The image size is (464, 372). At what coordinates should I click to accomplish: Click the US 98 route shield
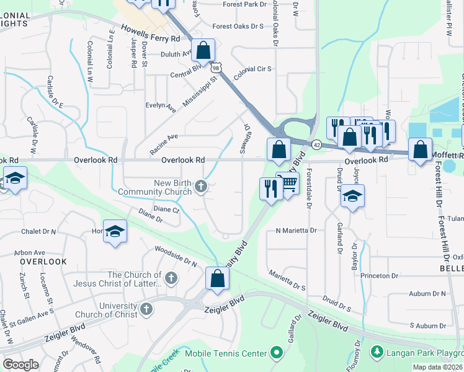(x=215, y=65)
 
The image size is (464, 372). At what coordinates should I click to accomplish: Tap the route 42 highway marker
(x=316, y=144)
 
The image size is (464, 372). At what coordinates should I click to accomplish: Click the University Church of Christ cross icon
(x=146, y=309)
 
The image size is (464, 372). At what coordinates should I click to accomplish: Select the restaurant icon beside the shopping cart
(x=270, y=188)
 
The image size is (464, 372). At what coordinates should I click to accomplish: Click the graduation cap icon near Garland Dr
(x=352, y=197)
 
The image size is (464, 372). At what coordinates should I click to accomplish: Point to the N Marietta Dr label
(x=296, y=230)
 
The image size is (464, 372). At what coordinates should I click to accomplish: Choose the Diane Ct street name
(x=166, y=210)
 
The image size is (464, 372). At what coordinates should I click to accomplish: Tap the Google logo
(x=20, y=365)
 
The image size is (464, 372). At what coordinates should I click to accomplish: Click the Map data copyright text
(x=437, y=367)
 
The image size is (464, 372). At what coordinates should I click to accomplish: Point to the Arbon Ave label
(x=30, y=252)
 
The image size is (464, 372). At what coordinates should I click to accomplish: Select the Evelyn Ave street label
(x=161, y=107)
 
